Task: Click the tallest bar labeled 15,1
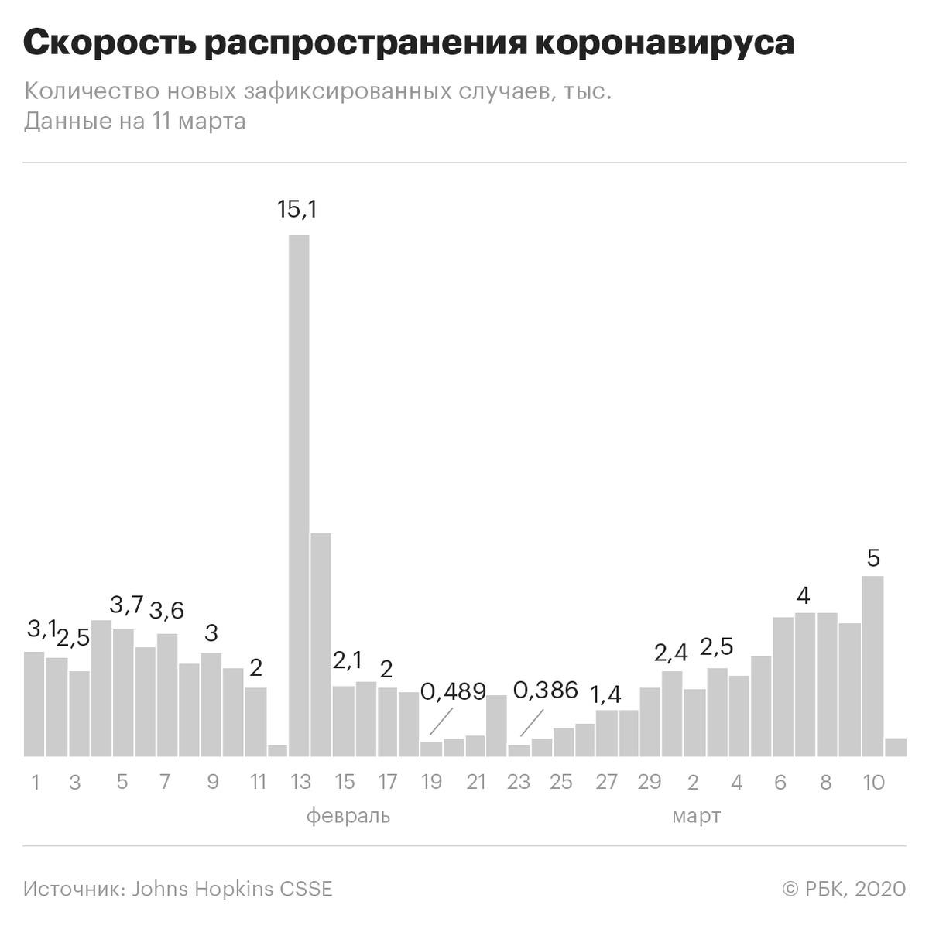point(299,495)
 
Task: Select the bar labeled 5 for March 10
point(872,666)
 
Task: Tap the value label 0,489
point(454,691)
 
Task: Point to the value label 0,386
point(546,690)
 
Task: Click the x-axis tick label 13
point(300,782)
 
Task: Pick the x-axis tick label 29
point(650,782)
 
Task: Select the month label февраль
point(348,816)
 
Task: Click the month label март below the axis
point(697,816)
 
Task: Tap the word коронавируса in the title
point(664,43)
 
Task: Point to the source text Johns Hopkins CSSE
point(232,888)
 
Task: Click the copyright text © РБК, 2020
point(844,888)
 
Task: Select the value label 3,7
point(127,605)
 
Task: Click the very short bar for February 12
point(277,751)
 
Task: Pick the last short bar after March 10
point(896,747)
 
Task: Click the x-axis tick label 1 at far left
point(36,782)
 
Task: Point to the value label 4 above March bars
point(804,596)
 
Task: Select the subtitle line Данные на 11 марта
point(135,122)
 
